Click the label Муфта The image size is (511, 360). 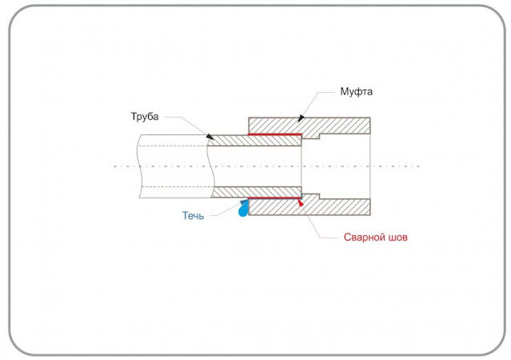pyautogui.click(x=356, y=92)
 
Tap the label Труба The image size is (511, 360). pyautogui.click(x=145, y=117)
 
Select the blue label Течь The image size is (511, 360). pyautogui.click(x=193, y=215)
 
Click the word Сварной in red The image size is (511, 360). pyautogui.click(x=365, y=237)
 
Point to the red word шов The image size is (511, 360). pyautogui.click(x=398, y=238)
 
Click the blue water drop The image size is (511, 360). pyautogui.click(x=243, y=210)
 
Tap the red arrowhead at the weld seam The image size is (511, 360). pyautogui.click(x=300, y=203)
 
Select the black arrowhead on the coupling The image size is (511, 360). pyautogui.click(x=301, y=118)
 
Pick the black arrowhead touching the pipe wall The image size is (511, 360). pyautogui.click(x=210, y=137)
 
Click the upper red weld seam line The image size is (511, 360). pyautogui.click(x=275, y=134)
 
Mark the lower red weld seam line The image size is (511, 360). pyautogui.click(x=275, y=198)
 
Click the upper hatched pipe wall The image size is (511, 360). pyautogui.click(x=255, y=141)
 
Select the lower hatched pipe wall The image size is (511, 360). pyautogui.click(x=256, y=192)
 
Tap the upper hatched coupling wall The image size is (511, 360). pyautogui.click(x=309, y=126)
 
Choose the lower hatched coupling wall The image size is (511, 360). pyautogui.click(x=309, y=206)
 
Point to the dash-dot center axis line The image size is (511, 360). pyautogui.click(x=266, y=166)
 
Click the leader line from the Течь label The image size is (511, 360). pyautogui.click(x=227, y=210)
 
